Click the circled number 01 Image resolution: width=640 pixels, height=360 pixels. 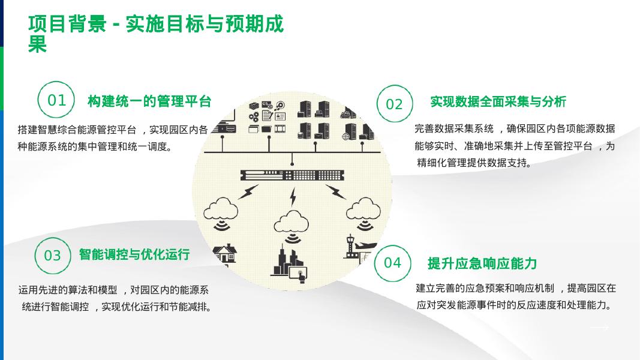pyautogui.click(x=56, y=100)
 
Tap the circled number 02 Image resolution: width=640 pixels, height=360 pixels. pyautogui.click(x=394, y=104)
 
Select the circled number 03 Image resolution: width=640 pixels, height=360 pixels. pyautogui.click(x=53, y=256)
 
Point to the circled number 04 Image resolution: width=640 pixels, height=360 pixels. pyautogui.click(x=392, y=263)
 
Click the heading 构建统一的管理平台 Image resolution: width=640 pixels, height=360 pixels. pyautogui.click(x=149, y=101)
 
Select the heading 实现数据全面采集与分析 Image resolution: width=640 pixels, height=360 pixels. pyautogui.click(x=498, y=102)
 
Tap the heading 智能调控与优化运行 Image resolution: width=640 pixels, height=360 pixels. pyautogui.click(x=134, y=254)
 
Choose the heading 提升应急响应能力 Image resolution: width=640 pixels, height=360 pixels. pyautogui.click(x=482, y=263)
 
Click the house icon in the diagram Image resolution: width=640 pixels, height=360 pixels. pyautogui.click(x=225, y=253)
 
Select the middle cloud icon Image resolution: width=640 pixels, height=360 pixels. pyautogui.click(x=292, y=221)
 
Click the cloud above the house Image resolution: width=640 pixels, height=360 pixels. pyautogui.click(x=221, y=211)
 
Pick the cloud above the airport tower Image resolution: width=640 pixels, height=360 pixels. pyautogui.click(x=362, y=209)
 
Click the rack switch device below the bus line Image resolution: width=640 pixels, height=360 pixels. pyautogui.click(x=292, y=175)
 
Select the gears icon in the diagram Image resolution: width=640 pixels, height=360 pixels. pyautogui.click(x=254, y=116)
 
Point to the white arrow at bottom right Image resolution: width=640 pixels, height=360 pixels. pyautogui.click(x=599, y=328)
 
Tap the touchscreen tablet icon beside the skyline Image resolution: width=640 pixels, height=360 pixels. pyautogui.click(x=299, y=274)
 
